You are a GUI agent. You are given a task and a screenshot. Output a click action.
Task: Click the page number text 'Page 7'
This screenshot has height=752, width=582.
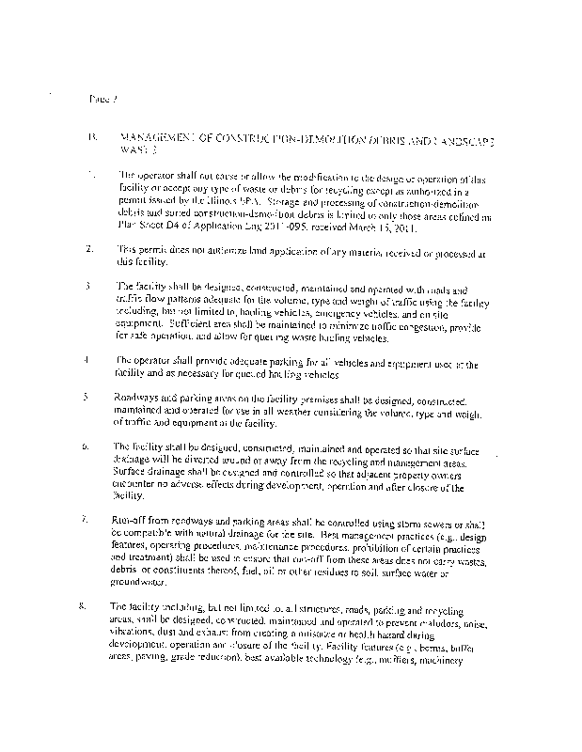(x=99, y=98)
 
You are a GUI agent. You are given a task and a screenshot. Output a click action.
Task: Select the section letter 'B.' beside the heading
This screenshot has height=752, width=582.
(x=91, y=137)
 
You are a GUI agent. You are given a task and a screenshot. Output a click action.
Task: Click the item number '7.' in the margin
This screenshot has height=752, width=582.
(x=87, y=519)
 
